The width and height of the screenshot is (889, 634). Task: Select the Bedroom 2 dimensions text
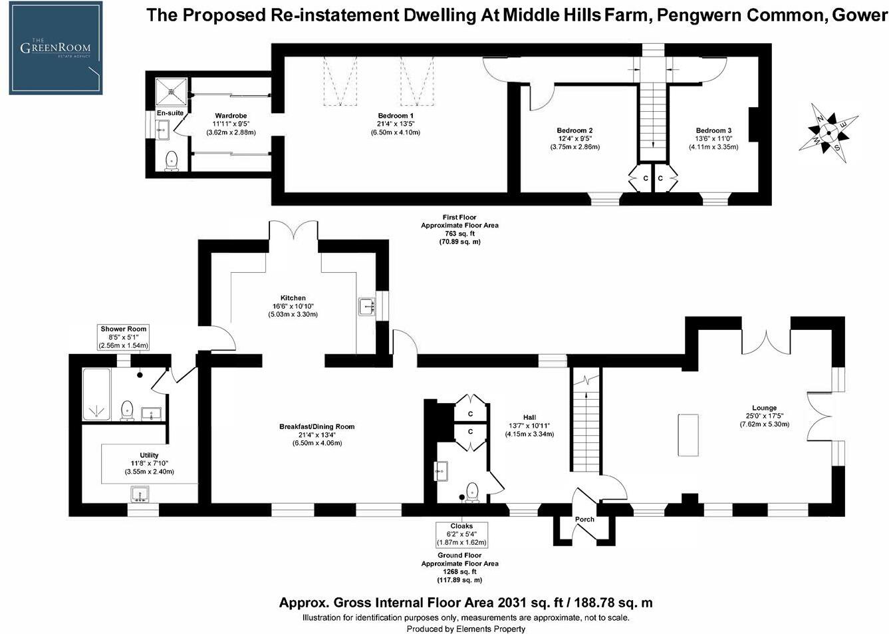click(574, 143)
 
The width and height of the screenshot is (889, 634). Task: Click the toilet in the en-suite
click(172, 160)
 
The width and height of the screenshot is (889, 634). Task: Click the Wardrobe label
click(231, 116)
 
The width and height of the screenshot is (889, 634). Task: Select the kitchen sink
click(366, 307)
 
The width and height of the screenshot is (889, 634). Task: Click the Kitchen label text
click(293, 298)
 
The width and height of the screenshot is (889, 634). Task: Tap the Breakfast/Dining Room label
click(317, 426)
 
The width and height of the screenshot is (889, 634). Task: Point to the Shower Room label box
click(124, 337)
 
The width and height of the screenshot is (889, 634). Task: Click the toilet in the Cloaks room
click(473, 491)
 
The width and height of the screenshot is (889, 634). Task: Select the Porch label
click(584, 520)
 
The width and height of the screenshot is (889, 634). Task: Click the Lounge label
click(764, 408)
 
